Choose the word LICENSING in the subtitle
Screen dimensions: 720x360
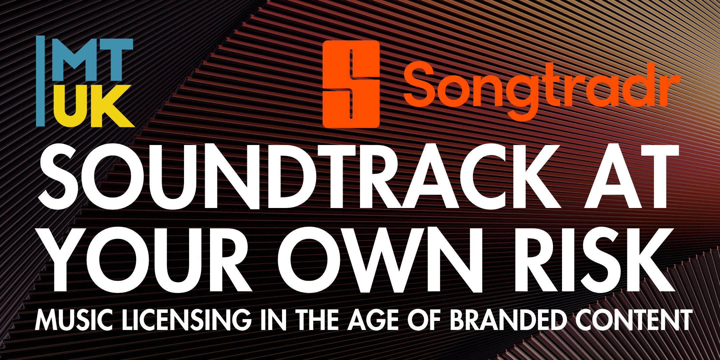tap(187, 320)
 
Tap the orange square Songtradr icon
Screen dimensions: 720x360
tap(351, 84)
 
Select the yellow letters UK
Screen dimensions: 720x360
tap(94, 106)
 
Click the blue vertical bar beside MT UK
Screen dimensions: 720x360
tap(40, 81)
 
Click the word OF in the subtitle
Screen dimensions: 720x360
tap(425, 320)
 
